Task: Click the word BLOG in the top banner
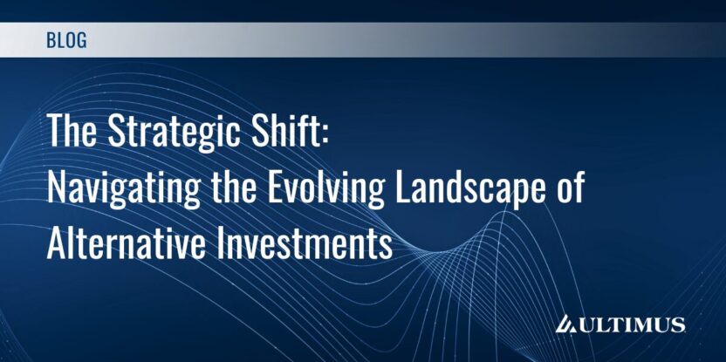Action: tap(66, 40)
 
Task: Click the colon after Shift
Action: tap(324, 135)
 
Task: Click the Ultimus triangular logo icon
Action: tap(566, 324)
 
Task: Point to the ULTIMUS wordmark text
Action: tap(631, 324)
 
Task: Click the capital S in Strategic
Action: tap(117, 130)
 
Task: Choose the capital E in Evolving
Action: tap(277, 187)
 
